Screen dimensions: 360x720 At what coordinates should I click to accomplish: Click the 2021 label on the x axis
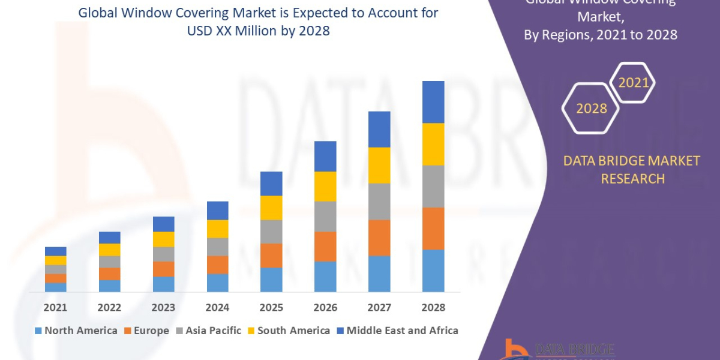pyautogui.click(x=55, y=307)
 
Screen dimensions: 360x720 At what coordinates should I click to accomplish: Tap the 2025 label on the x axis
pyautogui.click(x=271, y=307)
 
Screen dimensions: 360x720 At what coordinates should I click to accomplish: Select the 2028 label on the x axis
pyautogui.click(x=433, y=307)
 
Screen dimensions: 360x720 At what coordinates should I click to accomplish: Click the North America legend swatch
pyautogui.click(x=39, y=331)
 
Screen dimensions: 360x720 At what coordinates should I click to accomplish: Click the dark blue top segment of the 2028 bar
pyautogui.click(x=433, y=102)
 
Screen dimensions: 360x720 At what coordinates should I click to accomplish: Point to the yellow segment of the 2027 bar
pyautogui.click(x=379, y=165)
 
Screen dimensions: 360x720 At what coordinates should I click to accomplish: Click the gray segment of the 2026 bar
pyautogui.click(x=325, y=216)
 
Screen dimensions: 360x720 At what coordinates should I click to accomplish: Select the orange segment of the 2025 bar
pyautogui.click(x=271, y=256)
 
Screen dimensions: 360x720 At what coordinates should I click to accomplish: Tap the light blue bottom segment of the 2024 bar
pyautogui.click(x=217, y=283)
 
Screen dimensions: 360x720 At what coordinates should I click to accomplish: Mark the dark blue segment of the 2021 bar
pyautogui.click(x=55, y=251)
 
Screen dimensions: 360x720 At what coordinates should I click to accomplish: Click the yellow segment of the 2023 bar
pyautogui.click(x=163, y=239)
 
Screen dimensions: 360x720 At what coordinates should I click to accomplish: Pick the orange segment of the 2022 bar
pyautogui.click(x=109, y=274)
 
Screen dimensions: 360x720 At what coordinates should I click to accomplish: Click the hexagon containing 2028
pyautogui.click(x=592, y=109)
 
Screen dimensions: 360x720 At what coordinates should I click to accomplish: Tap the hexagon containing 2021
pyautogui.click(x=633, y=83)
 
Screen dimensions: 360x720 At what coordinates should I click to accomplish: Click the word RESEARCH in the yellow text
pyautogui.click(x=632, y=179)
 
